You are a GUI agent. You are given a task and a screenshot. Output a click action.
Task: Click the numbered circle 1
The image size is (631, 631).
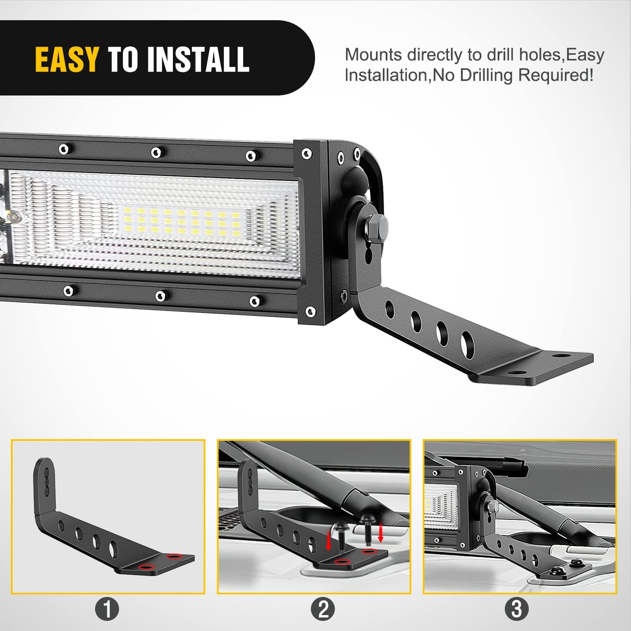click(x=107, y=609)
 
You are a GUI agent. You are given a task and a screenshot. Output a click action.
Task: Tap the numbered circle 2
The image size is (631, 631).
click(x=323, y=609)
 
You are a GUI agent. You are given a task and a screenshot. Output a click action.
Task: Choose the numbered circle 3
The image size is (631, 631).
click(x=517, y=609)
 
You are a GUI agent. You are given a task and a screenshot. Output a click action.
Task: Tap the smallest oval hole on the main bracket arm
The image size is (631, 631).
click(x=390, y=310)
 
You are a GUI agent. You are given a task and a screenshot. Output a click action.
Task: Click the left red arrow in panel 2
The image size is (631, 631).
click(x=329, y=542)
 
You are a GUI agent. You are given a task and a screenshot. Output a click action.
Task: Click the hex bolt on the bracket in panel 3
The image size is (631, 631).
click(x=493, y=506)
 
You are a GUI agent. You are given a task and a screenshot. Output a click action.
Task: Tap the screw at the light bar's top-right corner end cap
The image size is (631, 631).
click(x=307, y=154)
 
